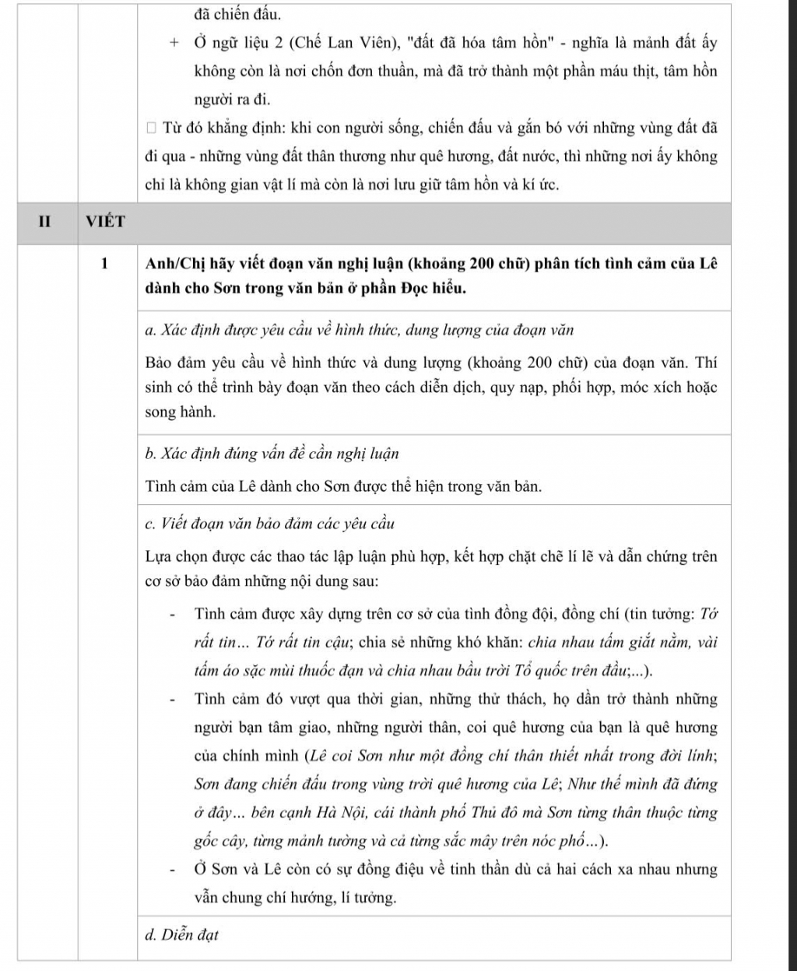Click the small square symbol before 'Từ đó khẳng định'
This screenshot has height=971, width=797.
[x=151, y=127]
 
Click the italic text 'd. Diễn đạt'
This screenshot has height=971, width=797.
[x=181, y=935]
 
